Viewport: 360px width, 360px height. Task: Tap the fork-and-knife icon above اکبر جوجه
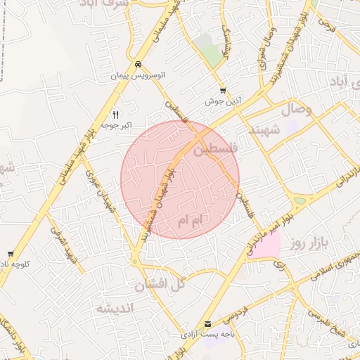tap(116, 114)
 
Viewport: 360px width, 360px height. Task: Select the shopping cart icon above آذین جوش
tap(223, 91)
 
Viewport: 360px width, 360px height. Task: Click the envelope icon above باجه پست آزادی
tap(207, 323)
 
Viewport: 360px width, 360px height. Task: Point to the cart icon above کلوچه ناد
tap(10, 253)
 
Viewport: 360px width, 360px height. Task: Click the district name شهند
tap(264, 129)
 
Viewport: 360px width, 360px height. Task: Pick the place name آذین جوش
tap(224, 102)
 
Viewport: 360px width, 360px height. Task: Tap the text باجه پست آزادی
tap(208, 335)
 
